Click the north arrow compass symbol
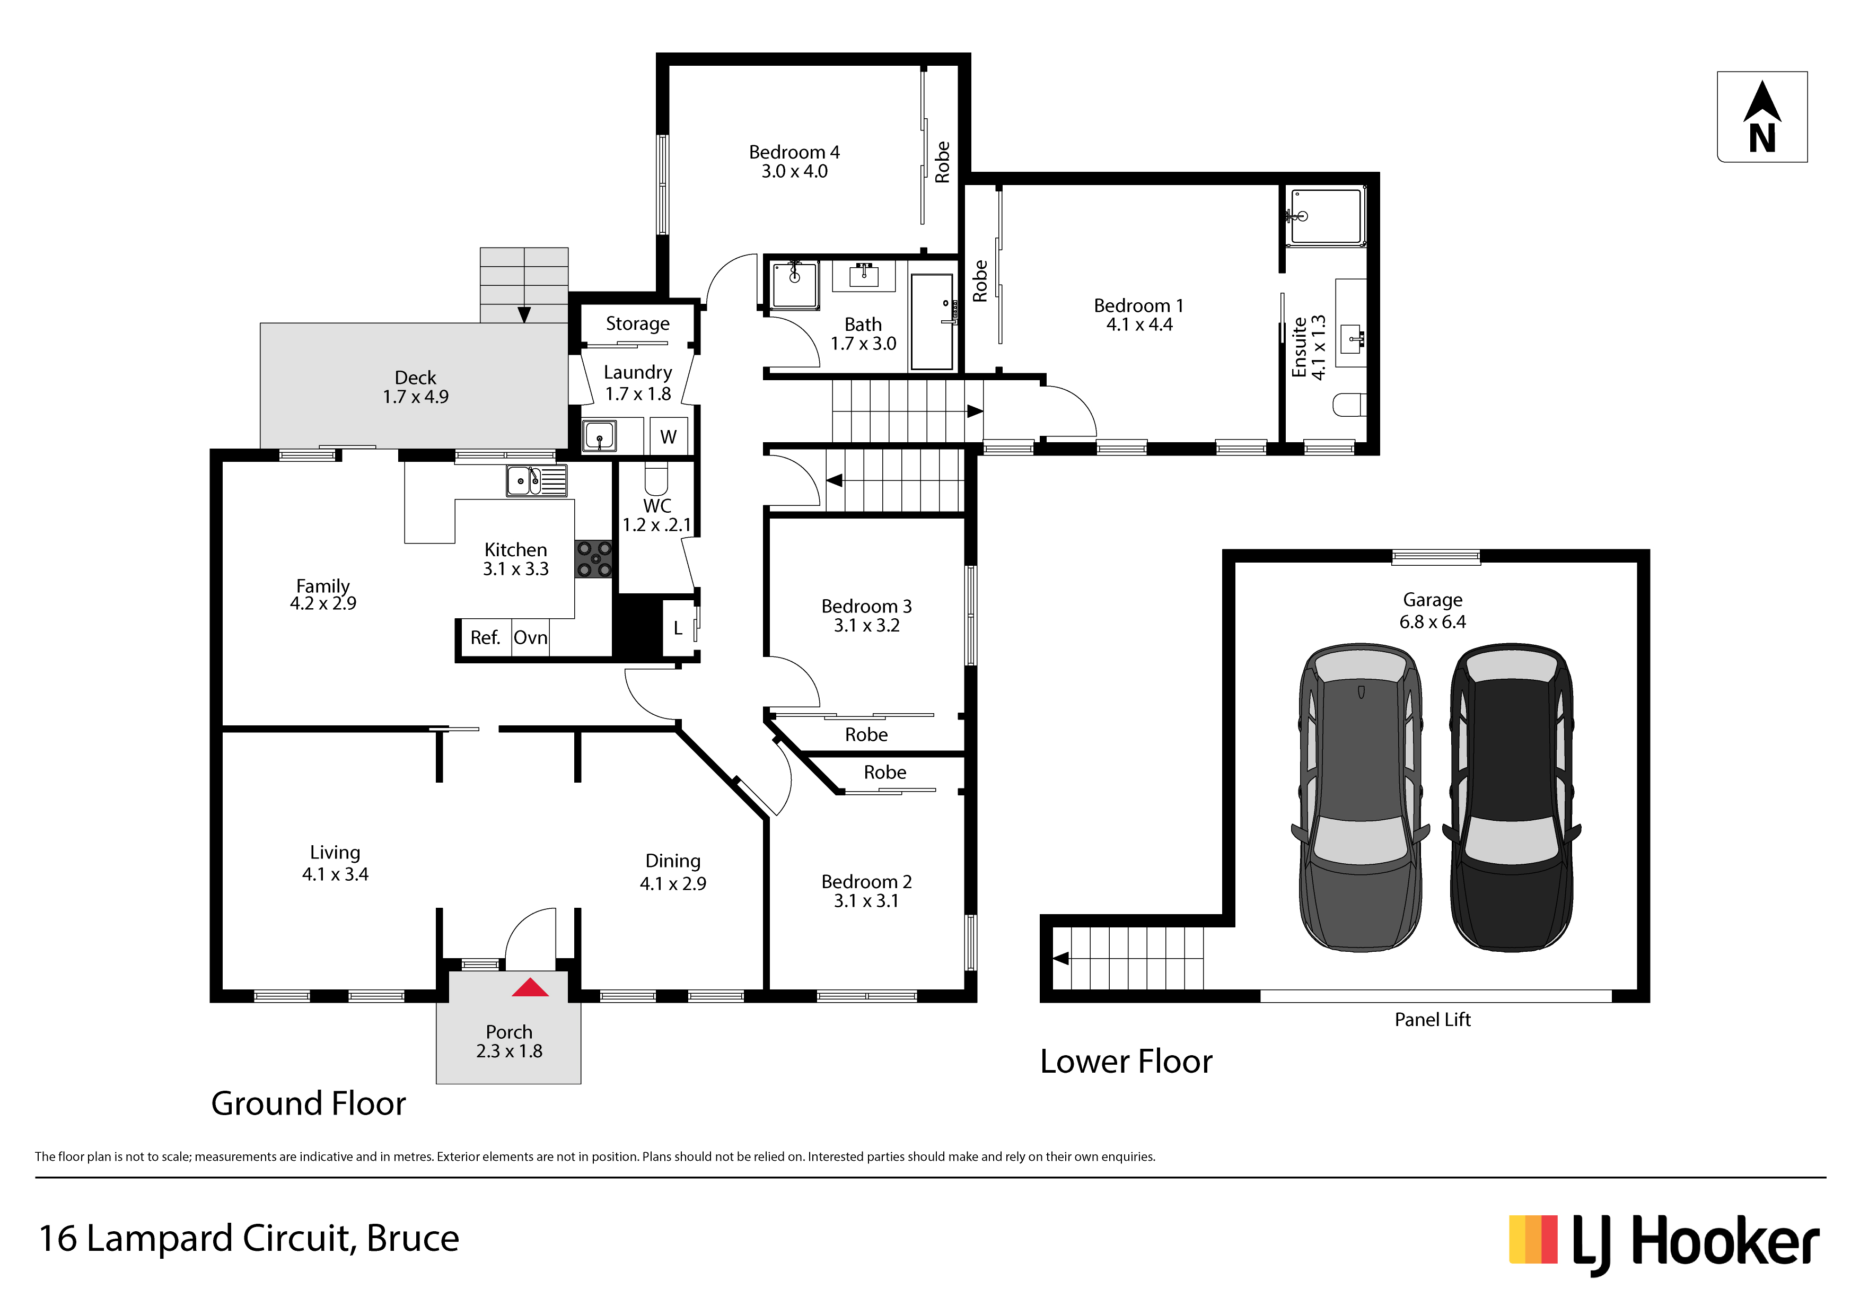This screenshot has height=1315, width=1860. (1762, 117)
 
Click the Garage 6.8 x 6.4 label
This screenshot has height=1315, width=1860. (1432, 611)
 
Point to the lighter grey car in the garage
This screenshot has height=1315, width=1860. (1360, 797)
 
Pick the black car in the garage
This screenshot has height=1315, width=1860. (1512, 797)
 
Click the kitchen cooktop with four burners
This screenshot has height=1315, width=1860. (594, 559)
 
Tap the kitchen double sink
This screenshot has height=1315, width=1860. (536, 480)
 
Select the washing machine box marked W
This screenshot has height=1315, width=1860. (668, 437)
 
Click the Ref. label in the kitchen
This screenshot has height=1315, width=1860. (485, 638)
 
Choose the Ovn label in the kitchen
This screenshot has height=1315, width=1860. (531, 638)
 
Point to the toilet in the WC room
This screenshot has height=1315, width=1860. (656, 478)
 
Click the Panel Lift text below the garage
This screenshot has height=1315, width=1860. (1432, 1020)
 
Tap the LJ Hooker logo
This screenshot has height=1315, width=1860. (1664, 1244)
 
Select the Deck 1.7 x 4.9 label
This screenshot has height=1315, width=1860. (416, 387)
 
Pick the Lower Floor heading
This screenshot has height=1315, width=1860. (1126, 1062)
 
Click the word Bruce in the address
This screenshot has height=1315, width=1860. (413, 1238)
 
